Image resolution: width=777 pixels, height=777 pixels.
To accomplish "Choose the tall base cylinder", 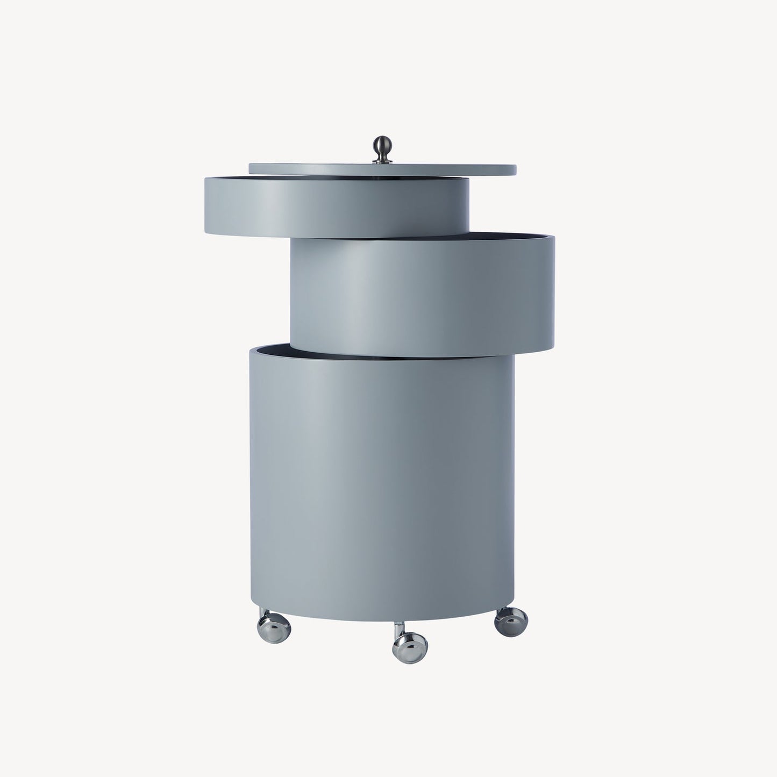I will coord(382,484).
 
